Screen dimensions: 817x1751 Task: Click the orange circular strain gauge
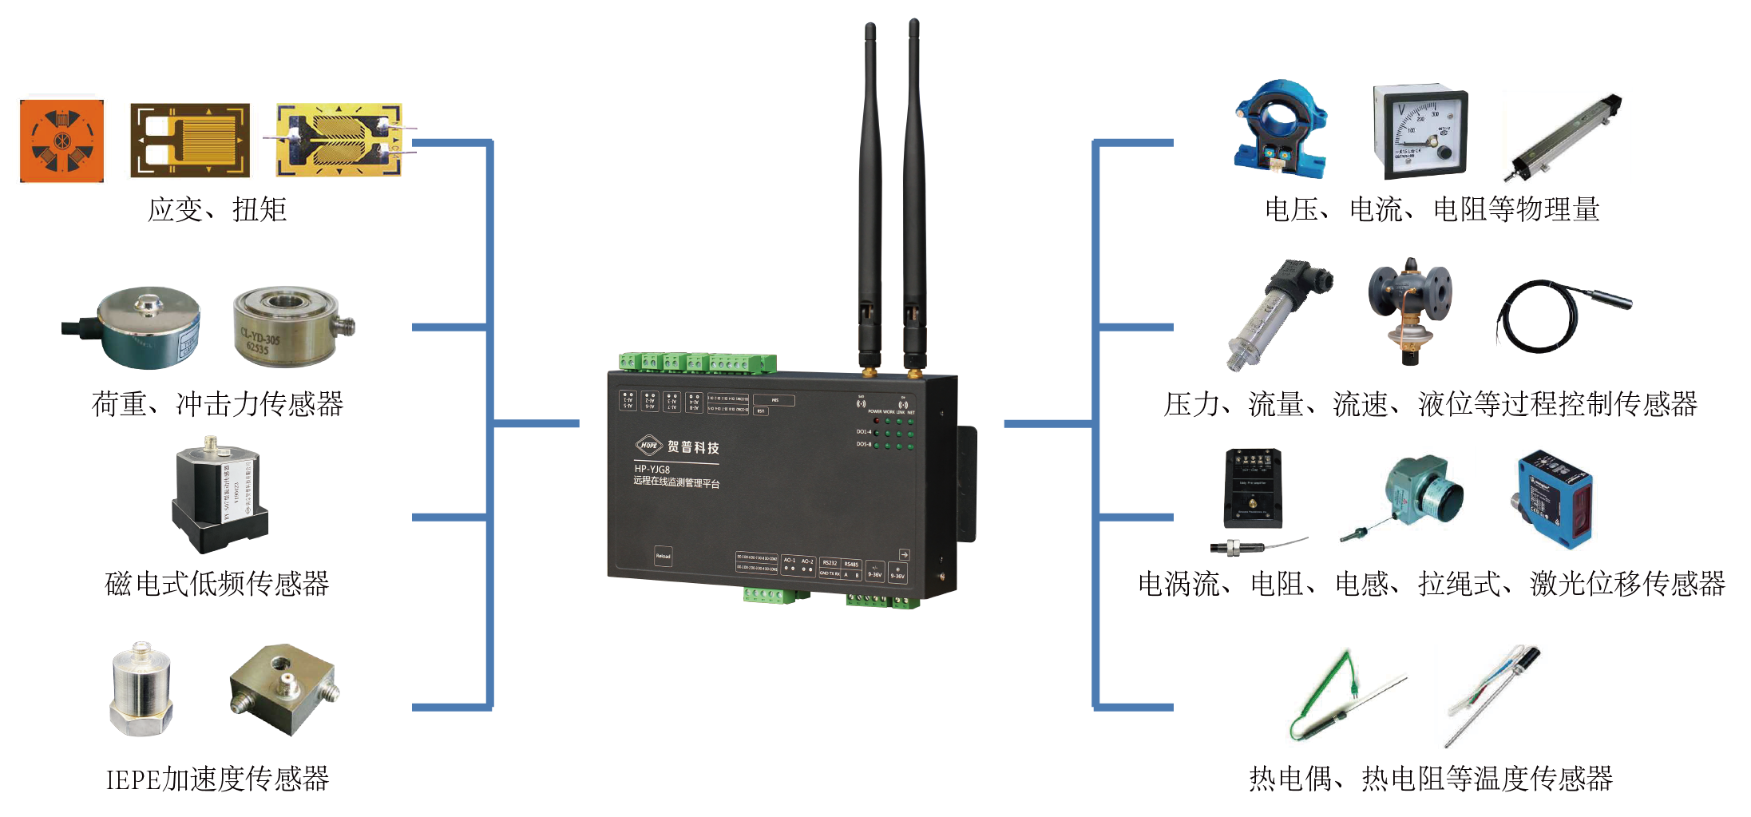point(61,141)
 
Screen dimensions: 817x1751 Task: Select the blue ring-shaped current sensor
point(1280,128)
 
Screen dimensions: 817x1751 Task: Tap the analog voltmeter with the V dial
point(1420,131)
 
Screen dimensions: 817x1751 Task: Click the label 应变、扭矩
point(216,210)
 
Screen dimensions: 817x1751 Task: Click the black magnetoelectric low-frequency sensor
point(220,495)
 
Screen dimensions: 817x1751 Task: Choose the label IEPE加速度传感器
point(217,779)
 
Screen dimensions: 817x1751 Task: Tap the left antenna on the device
point(870,200)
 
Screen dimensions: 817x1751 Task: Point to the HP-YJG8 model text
point(652,469)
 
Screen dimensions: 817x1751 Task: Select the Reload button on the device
point(664,556)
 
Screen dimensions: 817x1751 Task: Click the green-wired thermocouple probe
point(1341,695)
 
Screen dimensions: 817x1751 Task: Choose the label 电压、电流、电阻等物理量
point(1432,210)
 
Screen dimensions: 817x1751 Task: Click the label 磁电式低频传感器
point(216,584)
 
